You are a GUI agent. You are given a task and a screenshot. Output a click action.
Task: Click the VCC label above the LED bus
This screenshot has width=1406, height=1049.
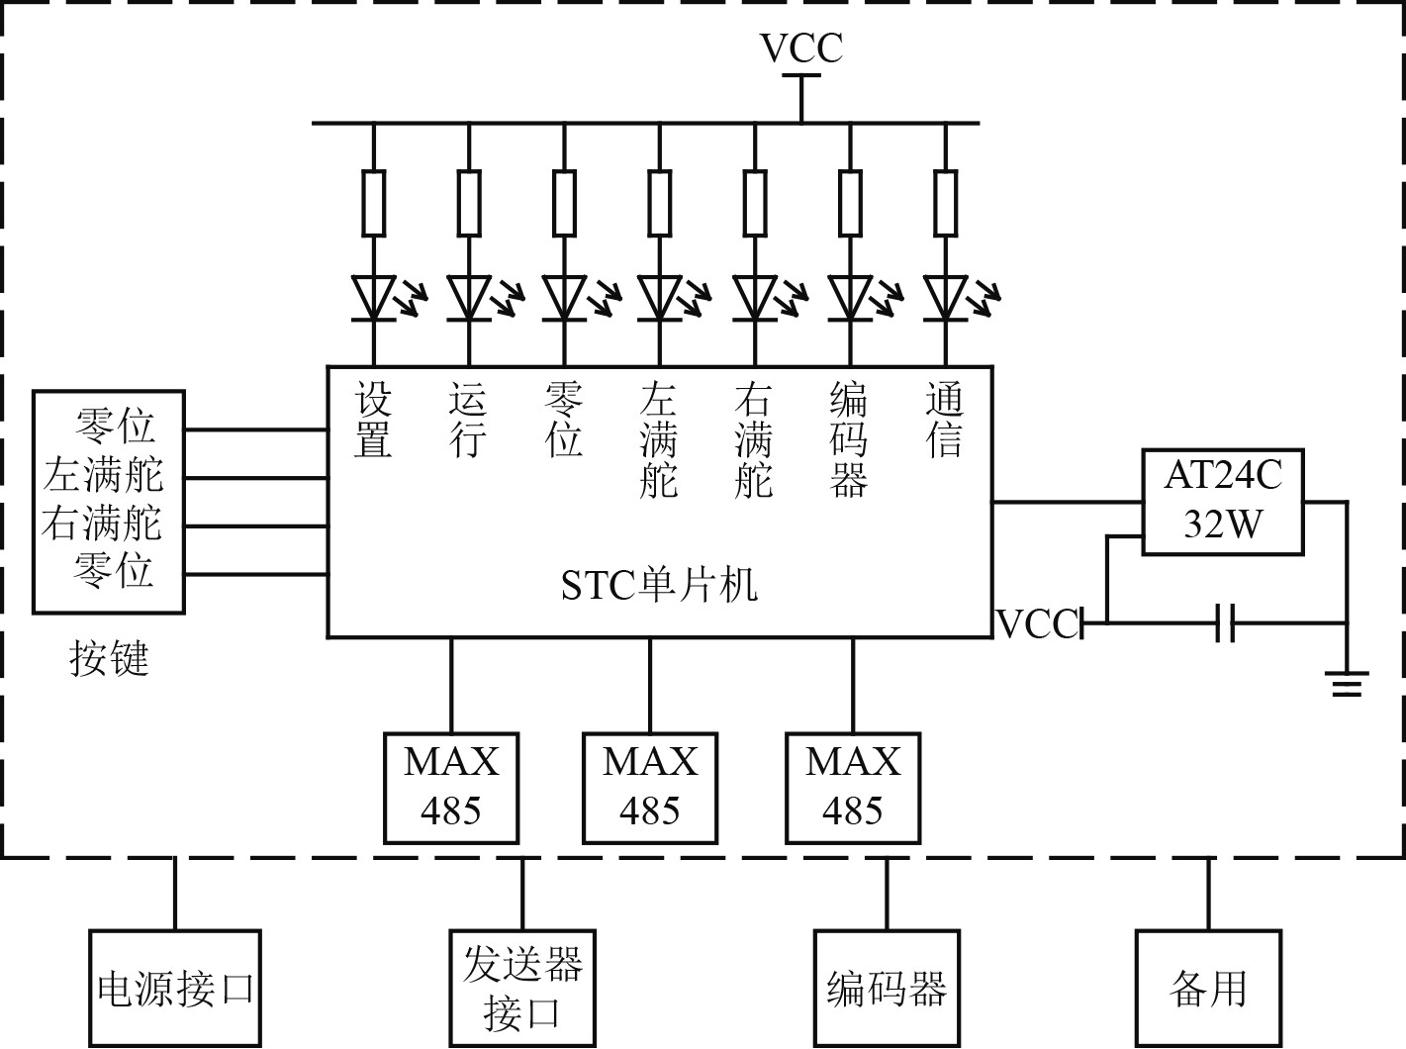800,48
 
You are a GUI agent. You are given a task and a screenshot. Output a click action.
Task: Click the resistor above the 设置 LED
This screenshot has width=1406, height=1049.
373,203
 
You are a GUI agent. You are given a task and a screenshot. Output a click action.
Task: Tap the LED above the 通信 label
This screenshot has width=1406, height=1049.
945,297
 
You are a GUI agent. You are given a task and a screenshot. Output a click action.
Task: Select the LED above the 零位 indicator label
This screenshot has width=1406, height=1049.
564,297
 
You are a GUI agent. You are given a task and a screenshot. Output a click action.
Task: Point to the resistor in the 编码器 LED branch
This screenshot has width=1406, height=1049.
850,203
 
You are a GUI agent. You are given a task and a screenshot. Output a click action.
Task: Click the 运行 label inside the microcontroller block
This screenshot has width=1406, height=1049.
468,421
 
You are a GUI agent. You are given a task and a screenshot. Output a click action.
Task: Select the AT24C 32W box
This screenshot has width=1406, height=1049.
1223,502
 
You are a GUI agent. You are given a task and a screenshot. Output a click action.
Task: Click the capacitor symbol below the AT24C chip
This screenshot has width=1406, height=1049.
1225,623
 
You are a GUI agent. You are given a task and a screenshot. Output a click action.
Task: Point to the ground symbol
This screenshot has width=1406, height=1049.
1347,683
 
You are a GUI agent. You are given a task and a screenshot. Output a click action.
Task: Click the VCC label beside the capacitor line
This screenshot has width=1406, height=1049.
1037,624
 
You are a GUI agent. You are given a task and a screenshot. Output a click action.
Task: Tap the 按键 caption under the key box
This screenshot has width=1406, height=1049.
109,658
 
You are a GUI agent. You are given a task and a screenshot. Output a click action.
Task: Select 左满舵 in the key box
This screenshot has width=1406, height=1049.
103,476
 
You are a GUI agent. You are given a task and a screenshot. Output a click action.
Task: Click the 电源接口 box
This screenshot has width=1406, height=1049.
175,988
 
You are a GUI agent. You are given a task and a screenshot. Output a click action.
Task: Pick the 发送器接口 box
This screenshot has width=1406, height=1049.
522,988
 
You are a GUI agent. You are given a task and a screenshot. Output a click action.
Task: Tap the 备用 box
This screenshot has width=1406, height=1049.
1208,988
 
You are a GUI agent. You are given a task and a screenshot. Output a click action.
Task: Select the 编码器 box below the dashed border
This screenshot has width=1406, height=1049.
887,988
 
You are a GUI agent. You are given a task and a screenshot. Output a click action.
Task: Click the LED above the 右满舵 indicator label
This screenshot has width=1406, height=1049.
754,297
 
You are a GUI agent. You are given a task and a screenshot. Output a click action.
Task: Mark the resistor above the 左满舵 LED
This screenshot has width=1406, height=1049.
659,203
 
